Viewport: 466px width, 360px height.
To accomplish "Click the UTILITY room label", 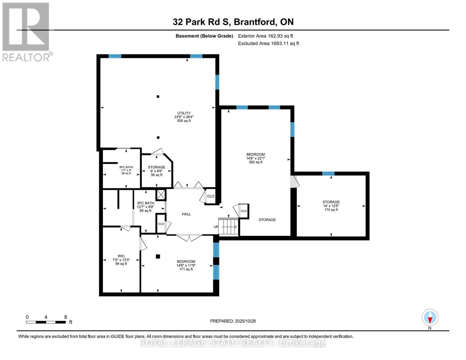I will (184, 113).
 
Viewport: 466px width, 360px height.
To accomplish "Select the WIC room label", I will (121, 256).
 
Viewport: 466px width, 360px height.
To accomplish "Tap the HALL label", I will (186, 214).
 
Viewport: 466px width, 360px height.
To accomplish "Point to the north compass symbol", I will (430, 317).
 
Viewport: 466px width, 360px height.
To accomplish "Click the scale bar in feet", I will (46, 322).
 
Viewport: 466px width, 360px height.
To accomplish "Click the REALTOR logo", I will (26, 31).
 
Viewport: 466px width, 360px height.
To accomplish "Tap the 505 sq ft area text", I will (184, 121).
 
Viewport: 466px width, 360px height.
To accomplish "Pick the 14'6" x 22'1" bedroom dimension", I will (256, 158).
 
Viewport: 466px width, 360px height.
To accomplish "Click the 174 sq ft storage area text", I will (331, 210).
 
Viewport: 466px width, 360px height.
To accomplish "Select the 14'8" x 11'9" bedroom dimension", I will (186, 265).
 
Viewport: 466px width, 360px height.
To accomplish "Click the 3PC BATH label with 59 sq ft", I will (126, 167).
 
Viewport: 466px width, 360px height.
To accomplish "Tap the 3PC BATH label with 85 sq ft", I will (146, 203).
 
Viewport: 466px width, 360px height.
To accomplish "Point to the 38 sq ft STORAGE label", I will (156, 167).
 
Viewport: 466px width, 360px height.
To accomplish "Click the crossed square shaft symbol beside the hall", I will (161, 195).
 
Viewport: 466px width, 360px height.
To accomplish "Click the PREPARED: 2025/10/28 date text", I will (233, 321).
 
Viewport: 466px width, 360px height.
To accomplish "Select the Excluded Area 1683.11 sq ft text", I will (268, 43).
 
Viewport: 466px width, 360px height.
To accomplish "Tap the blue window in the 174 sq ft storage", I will (328, 173).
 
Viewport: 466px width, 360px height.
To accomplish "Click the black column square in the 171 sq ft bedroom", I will (158, 256).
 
